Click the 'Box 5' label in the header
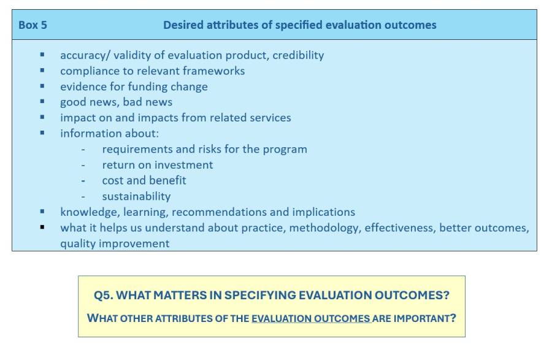[x=33, y=25]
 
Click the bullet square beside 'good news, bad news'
[x=42, y=101]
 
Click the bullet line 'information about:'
[x=110, y=133]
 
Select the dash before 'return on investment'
[x=83, y=165]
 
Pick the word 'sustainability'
[x=136, y=196]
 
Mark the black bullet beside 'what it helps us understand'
[x=42, y=228]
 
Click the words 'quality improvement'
[x=115, y=243]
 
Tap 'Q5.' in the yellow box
[x=104, y=295]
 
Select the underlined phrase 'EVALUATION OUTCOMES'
[x=311, y=318]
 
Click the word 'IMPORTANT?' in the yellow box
[x=424, y=318]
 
